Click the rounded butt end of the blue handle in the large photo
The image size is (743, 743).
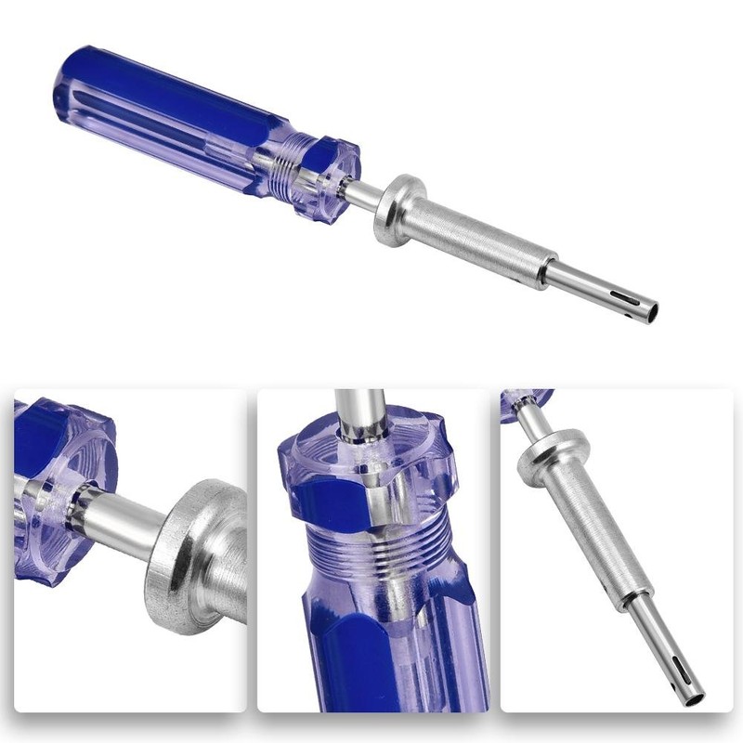[71, 79]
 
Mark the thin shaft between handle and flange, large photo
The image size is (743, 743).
[367, 193]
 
